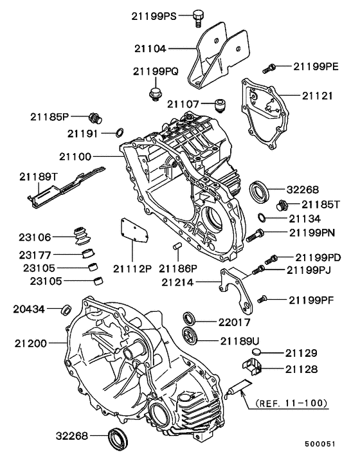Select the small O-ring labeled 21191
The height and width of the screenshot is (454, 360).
pyautogui.click(x=119, y=133)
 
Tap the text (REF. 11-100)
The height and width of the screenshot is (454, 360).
pyautogui.click(x=292, y=403)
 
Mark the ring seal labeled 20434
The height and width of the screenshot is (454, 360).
pyautogui.click(x=65, y=311)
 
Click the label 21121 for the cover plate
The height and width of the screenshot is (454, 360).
pyautogui.click(x=318, y=96)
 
